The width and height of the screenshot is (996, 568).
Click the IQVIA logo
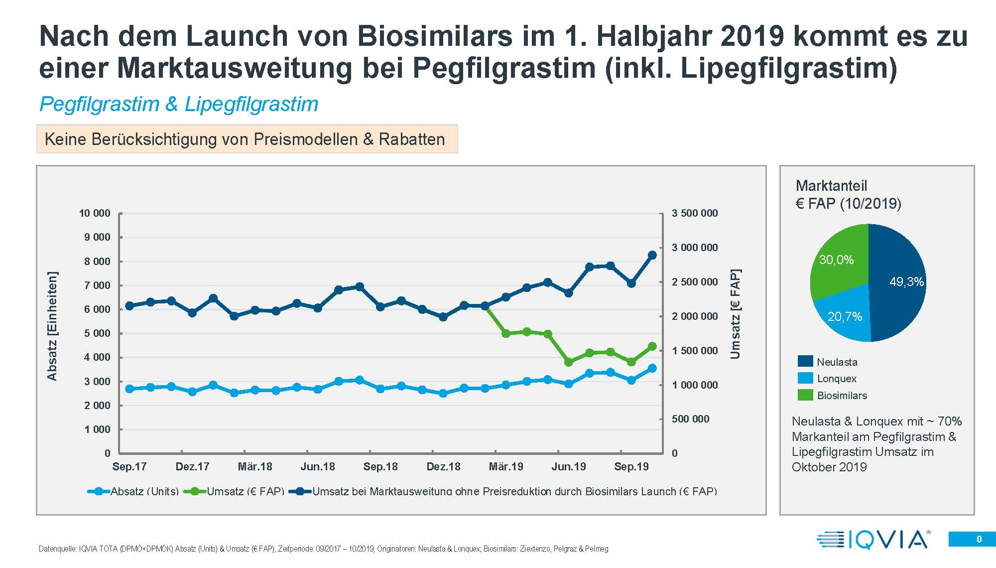[x=873, y=540]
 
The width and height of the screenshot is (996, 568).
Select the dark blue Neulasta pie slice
[x=896, y=299]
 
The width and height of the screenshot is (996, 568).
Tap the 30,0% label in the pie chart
[x=836, y=260]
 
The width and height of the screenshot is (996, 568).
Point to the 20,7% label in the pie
[x=845, y=316]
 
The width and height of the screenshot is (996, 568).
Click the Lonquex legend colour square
[x=805, y=378]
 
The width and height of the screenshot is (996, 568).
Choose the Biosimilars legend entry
[x=842, y=395]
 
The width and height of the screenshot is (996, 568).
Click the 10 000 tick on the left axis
[x=94, y=213]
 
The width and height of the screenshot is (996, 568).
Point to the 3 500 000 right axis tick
[x=695, y=213]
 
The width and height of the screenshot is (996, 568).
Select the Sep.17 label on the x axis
[x=129, y=466]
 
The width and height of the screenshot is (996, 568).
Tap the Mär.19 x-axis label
[x=506, y=466]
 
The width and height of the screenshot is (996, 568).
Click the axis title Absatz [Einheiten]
[x=52, y=326]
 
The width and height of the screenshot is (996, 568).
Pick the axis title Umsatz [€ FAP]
[x=735, y=314]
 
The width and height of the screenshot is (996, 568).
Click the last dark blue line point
[x=652, y=255]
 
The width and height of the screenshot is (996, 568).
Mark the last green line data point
[x=652, y=346]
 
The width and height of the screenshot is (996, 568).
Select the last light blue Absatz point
[x=652, y=368]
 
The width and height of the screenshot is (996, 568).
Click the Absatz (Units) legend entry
[x=144, y=491]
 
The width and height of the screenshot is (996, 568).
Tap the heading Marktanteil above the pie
[x=831, y=186]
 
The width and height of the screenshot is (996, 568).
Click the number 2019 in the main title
[x=752, y=36]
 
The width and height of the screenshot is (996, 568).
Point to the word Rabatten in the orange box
[x=412, y=139]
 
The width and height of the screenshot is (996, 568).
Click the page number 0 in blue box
[x=979, y=539]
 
